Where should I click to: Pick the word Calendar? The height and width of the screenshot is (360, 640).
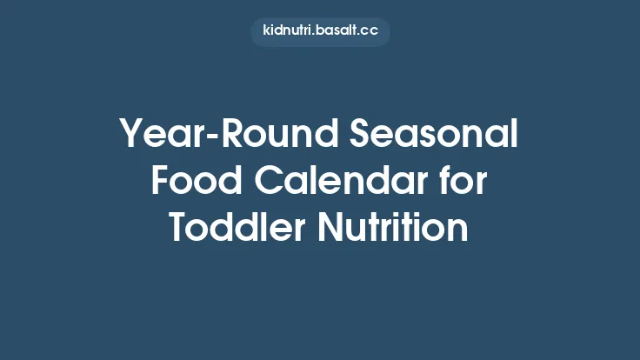pyautogui.click(x=337, y=182)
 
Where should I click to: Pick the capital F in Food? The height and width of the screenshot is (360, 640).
pyautogui.click(x=160, y=182)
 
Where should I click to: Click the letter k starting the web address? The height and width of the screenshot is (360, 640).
pyautogui.click(x=266, y=31)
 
